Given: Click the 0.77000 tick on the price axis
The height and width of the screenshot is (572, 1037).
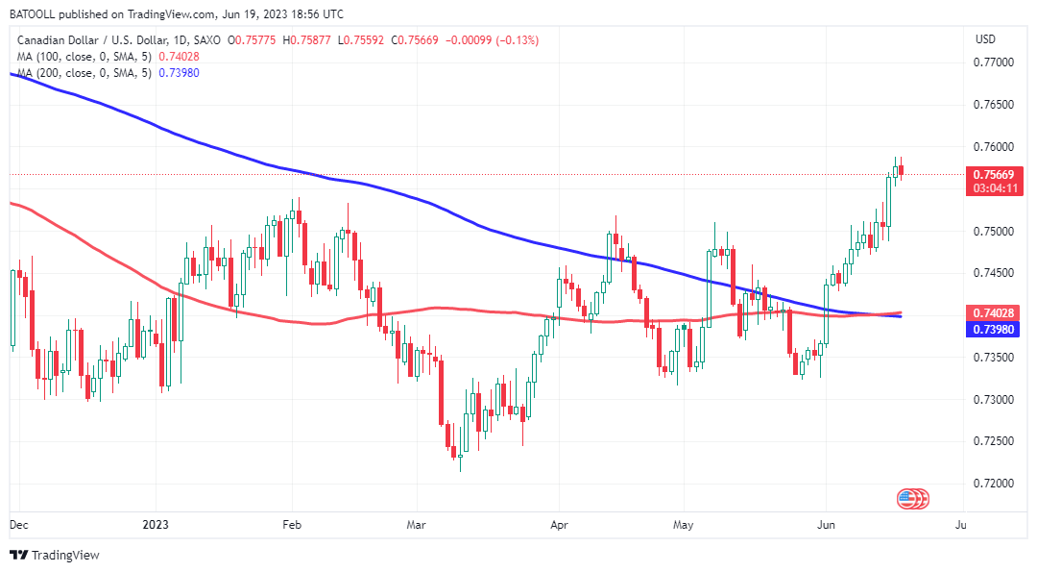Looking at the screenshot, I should click(994, 62).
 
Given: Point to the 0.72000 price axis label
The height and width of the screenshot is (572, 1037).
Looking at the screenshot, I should click(994, 483).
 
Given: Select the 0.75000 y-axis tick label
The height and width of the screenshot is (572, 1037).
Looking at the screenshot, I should click(994, 231).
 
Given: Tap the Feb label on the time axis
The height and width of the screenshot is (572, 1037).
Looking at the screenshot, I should click(292, 526).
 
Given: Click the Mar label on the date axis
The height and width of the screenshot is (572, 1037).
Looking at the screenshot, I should click(416, 526).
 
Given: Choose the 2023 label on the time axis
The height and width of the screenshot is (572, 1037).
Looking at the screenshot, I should click(156, 526).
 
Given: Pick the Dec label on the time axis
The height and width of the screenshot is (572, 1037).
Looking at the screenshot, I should click(17, 526).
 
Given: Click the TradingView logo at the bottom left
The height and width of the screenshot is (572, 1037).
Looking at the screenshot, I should click(55, 556).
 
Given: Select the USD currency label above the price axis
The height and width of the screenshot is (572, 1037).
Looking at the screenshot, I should click(985, 39).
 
